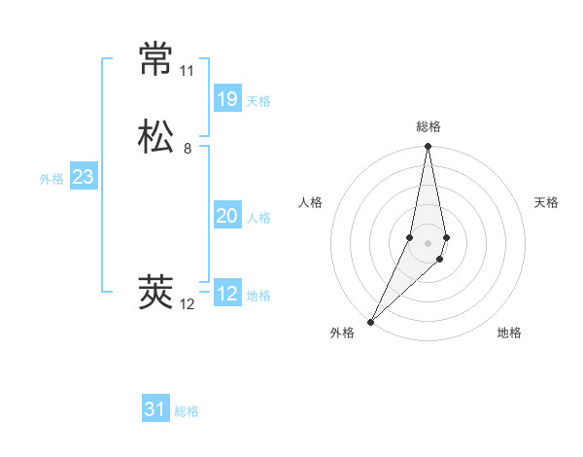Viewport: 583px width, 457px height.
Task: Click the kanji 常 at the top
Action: [156, 59]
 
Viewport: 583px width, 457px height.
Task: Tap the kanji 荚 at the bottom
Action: [156, 293]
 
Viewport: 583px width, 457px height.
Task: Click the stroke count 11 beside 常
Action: [187, 71]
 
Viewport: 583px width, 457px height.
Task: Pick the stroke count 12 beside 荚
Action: [187, 304]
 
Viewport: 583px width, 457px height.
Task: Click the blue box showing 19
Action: [226, 98]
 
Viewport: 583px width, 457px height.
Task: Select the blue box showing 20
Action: [226, 216]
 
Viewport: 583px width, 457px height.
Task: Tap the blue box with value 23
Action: [83, 177]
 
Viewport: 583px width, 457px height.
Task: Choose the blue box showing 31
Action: [155, 409]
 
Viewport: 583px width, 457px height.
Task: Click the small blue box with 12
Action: [226, 294]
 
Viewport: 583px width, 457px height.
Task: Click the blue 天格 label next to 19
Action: [258, 101]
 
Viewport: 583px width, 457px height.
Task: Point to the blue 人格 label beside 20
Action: [258, 218]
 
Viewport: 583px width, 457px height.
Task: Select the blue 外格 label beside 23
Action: [51, 179]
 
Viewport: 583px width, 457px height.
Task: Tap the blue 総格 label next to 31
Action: [187, 411]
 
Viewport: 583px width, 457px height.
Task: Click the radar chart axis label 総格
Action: [429, 126]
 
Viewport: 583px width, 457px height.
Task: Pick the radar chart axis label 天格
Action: [546, 202]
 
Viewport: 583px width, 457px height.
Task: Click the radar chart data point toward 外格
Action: [371, 321]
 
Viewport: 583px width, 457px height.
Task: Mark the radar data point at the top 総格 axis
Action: [428, 147]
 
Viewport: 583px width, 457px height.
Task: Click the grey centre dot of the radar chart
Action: [428, 243]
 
